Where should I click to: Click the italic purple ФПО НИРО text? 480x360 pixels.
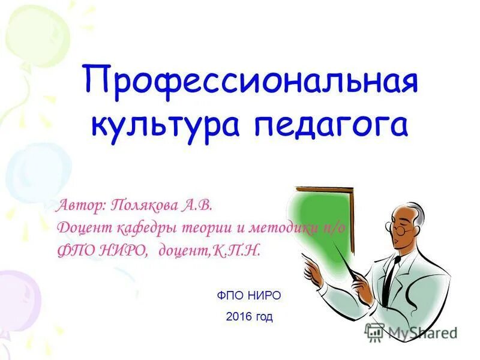pos(102,250)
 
